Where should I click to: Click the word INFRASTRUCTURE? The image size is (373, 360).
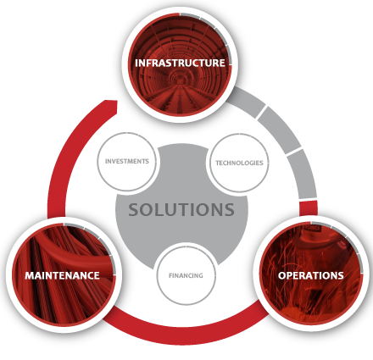(x=180, y=63)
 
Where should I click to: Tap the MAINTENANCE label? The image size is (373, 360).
(x=62, y=275)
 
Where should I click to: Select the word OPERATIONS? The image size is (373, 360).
(x=311, y=275)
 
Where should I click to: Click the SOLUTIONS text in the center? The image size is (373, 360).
(x=181, y=209)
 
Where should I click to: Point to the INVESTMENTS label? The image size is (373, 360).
(x=127, y=161)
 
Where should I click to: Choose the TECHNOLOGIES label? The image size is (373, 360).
(x=239, y=163)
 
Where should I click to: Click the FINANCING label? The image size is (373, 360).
(x=186, y=275)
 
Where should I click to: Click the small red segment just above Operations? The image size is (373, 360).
(x=309, y=208)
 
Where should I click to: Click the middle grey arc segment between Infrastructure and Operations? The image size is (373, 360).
(x=281, y=130)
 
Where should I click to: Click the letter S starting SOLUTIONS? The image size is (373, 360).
(x=134, y=209)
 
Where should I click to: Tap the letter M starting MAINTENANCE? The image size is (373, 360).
(x=30, y=275)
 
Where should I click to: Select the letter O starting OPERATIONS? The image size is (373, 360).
(x=282, y=275)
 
